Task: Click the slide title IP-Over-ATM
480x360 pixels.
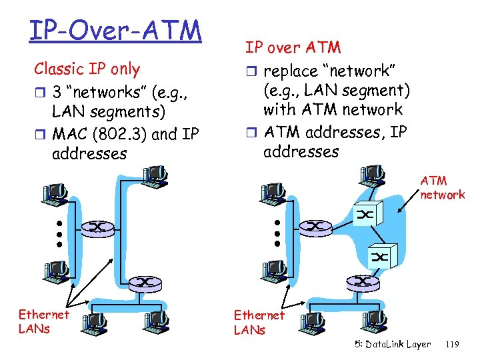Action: pyautogui.click(x=115, y=29)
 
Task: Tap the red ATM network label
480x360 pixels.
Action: pyautogui.click(x=442, y=188)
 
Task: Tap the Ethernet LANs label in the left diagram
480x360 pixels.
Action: pyautogui.click(x=43, y=321)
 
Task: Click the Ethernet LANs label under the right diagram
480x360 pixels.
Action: pyautogui.click(x=259, y=322)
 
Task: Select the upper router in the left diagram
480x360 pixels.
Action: pyautogui.click(x=97, y=227)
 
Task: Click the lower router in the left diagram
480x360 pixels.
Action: pyautogui.click(x=145, y=283)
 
